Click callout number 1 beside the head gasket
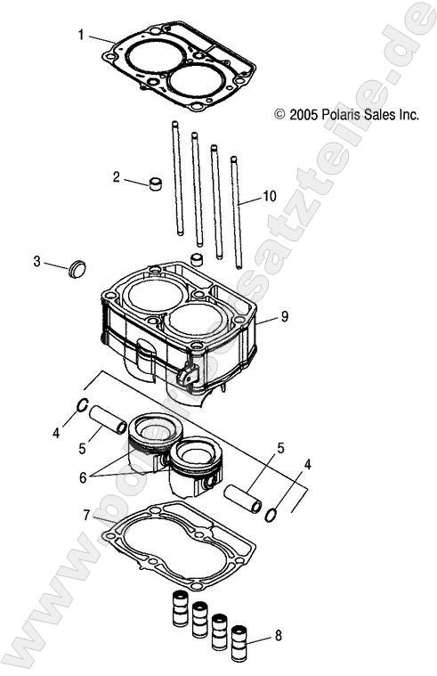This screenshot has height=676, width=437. pos(81,36)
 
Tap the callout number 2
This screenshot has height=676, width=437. pos(116,177)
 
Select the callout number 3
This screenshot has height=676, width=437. pos(36,261)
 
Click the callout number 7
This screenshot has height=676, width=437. pos(86,515)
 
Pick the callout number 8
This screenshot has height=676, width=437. pos(279,636)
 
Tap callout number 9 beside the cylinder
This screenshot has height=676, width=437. pos(284,315)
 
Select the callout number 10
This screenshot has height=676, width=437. pos(270,196)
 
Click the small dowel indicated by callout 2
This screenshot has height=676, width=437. pos(157,186)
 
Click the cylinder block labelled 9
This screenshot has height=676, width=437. pos(178,330)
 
